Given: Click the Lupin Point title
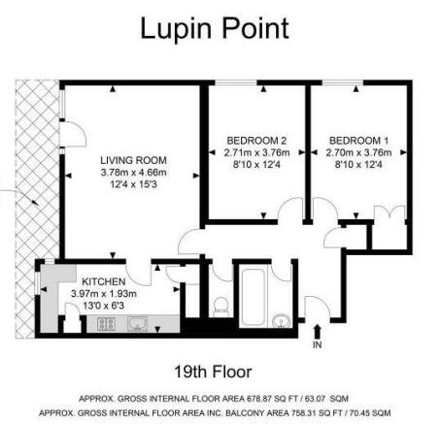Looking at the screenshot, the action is [215, 29].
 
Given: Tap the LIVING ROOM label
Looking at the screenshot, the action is [133, 160].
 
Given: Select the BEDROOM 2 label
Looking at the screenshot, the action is [256, 141].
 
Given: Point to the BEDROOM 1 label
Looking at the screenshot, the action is [358, 141].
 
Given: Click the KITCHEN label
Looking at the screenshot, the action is [104, 281].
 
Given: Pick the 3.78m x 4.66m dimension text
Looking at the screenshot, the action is [133, 173].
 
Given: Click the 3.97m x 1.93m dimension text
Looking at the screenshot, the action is [104, 294].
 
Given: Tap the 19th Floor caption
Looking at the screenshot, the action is [213, 372].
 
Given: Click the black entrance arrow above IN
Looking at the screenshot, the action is [317, 332].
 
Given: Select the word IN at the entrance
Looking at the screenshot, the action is [317, 345].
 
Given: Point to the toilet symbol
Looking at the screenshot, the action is [221, 306].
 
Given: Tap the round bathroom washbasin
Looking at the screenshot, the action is [282, 321].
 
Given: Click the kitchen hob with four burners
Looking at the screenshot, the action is [107, 324].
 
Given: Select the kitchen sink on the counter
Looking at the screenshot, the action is [138, 324].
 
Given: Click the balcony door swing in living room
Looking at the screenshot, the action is [74, 134].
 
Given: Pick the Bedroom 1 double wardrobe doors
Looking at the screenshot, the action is [390, 214].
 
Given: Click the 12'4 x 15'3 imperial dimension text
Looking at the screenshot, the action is [133, 184].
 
